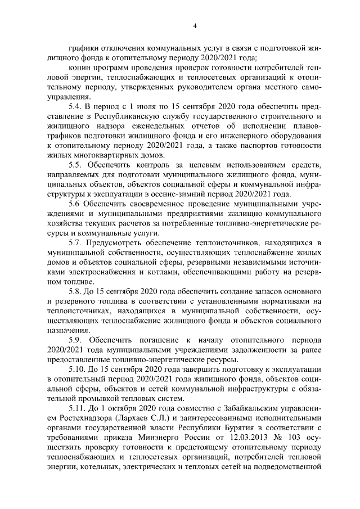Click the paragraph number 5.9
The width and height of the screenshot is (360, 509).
[75, 340]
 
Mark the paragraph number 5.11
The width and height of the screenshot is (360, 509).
[77, 408]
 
